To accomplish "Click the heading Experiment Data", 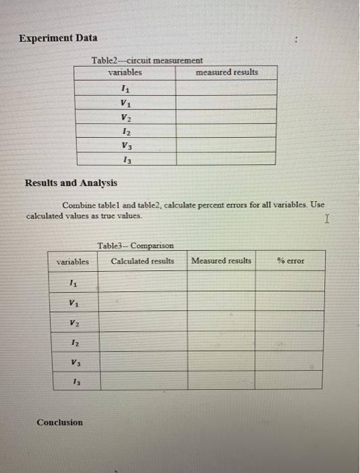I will (57, 38).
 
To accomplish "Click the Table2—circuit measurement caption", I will (147, 61).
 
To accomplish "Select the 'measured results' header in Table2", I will (226, 72).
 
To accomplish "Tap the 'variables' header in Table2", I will (125, 72).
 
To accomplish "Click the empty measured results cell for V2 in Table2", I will (226, 116).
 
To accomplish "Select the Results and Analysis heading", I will (71, 182).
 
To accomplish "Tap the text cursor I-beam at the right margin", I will (327, 218).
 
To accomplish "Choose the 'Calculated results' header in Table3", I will (143, 261).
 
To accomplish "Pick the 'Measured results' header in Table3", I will (221, 261).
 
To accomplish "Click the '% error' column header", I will (290, 261).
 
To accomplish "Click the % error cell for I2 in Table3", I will (290, 341).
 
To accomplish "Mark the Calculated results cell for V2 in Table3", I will (143, 322).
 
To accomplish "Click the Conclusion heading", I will (60, 422).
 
